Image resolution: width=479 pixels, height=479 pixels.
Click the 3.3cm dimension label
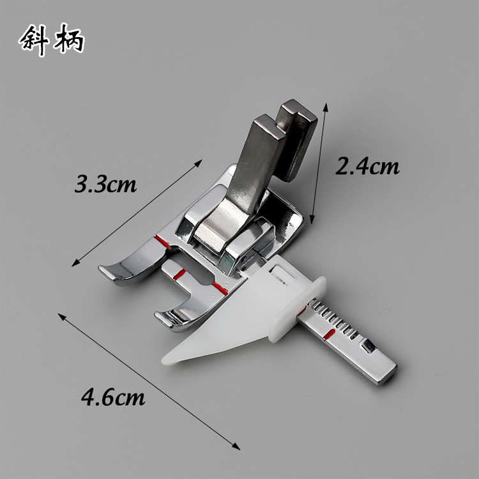pos(105,184)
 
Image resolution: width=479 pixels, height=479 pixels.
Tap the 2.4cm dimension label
pos(367,166)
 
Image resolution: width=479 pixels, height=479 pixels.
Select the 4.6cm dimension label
pos(113,397)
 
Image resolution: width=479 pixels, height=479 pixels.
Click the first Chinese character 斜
pos(34,40)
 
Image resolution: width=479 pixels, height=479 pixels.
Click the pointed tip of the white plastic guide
pos(163,360)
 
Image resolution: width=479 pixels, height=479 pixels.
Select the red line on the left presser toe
pos(162,241)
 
